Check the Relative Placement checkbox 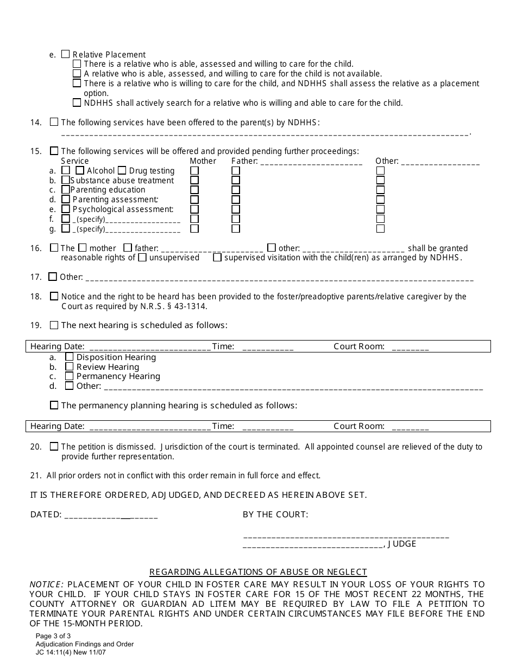point(66,54)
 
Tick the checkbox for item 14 point(54,123)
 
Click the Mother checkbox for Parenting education point(194,190)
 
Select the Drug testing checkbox point(122,171)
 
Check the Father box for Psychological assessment point(236,209)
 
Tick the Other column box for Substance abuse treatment point(380,181)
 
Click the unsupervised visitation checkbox point(142,258)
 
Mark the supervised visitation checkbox point(217,258)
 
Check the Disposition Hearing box point(70,357)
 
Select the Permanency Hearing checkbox point(70,376)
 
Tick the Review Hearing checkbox point(70,367)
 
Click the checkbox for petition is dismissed point(54,447)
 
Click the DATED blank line point(111,516)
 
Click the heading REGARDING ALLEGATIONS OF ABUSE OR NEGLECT point(258,572)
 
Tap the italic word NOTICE point(47,585)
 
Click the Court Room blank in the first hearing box point(410,348)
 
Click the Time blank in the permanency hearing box point(268,427)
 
